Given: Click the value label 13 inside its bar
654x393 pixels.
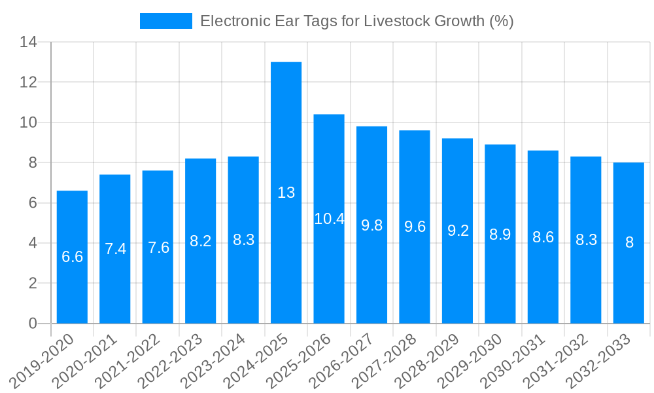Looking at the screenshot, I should coord(286,193).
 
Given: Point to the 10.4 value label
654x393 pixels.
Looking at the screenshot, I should coord(329,219).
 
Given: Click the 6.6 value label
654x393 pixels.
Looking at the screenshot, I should coord(72,257).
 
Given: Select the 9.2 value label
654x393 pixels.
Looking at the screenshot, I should coord(458,231).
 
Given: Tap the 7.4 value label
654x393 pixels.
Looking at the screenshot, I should coord(115,249).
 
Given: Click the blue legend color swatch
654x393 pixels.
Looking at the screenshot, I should coord(165,21).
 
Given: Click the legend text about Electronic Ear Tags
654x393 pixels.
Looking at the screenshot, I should coord(356,21).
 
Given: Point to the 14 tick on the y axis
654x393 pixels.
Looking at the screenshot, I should coord(29,43).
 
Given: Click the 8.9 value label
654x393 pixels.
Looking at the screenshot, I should coord(500,234).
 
